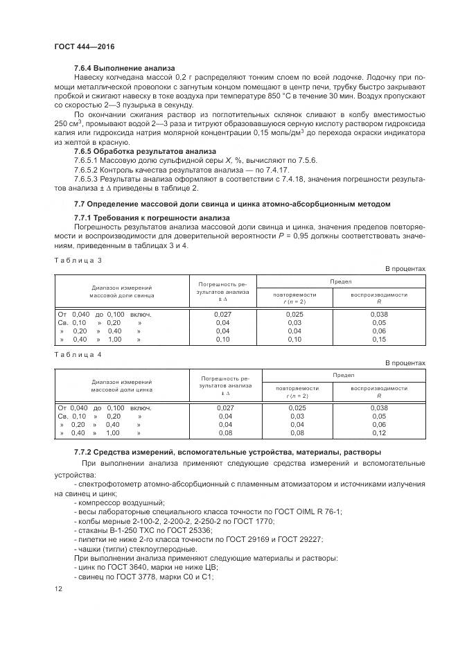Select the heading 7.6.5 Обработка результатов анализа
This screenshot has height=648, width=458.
pyautogui.click(x=146, y=151)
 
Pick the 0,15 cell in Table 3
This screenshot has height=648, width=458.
pyautogui.click(x=378, y=340)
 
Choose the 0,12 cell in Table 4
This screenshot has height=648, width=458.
pyautogui.click(x=378, y=433)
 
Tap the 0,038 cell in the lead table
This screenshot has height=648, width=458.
pyautogui.click(x=378, y=314)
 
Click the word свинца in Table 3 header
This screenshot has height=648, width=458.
pyautogui.click(x=144, y=295)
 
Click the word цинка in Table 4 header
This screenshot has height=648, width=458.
pyautogui.click(x=144, y=389)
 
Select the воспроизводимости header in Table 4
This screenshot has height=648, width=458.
pyautogui.click(x=378, y=388)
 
